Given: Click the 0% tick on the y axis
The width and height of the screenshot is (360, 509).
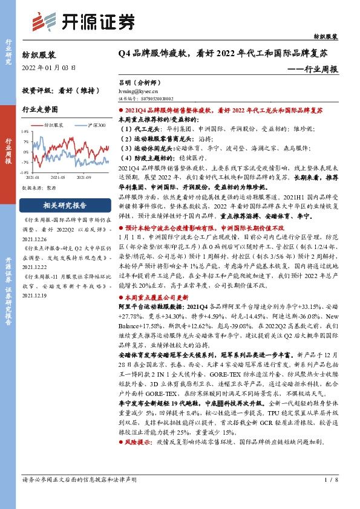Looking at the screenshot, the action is tap(25, 152).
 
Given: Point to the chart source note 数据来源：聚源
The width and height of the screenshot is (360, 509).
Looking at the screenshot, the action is tap(39, 187).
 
